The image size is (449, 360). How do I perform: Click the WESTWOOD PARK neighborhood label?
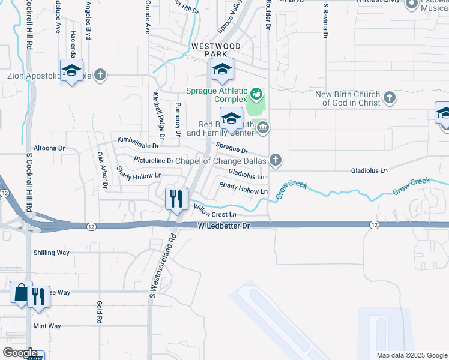[x=215, y=50]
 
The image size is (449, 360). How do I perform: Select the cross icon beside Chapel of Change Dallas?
[x=276, y=160]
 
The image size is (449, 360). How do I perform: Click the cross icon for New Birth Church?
[x=390, y=97]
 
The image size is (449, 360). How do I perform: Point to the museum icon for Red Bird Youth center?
[x=263, y=127]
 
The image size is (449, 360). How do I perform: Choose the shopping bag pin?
[x=20, y=293]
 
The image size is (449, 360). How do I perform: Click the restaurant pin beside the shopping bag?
[x=38, y=295]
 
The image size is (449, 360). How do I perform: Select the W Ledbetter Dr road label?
[x=223, y=226]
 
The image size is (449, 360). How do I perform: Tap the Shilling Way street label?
[x=52, y=253]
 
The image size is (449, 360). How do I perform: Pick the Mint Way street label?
[x=47, y=326]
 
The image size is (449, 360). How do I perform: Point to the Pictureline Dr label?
[x=154, y=161]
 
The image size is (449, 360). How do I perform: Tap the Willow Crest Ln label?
[x=214, y=211]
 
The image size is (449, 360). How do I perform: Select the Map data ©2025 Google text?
[x=411, y=355]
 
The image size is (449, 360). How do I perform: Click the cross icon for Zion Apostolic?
[x=100, y=75]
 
